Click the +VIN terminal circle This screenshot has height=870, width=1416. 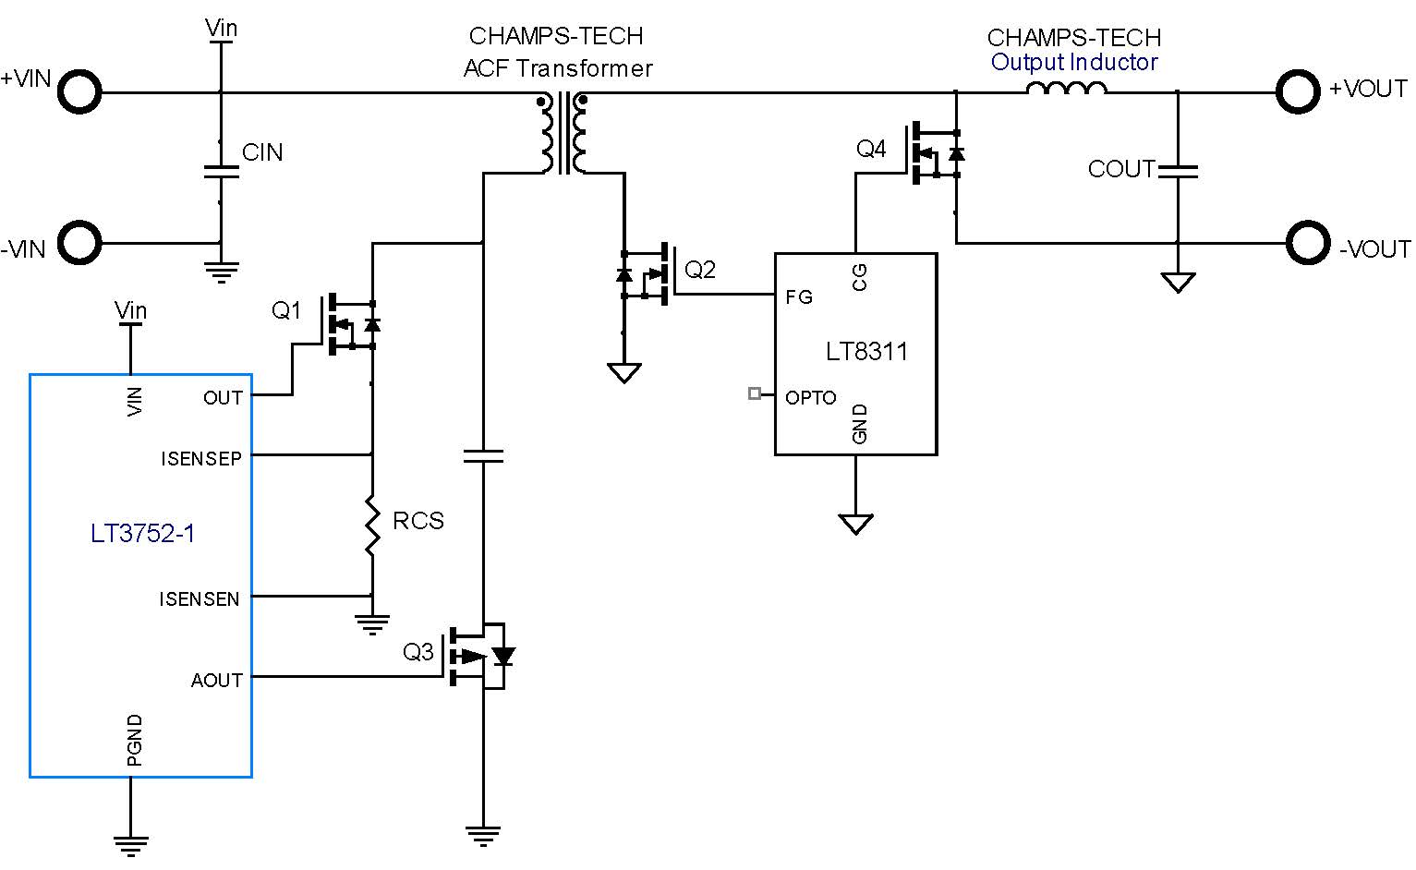coord(79,92)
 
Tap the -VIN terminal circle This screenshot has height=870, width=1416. coord(79,244)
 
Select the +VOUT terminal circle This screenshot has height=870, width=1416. coord(1298,91)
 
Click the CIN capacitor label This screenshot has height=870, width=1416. coord(262,152)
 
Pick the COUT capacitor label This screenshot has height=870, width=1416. coord(1120,169)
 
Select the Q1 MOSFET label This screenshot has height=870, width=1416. coord(286,310)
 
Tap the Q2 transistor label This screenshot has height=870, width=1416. coord(700,270)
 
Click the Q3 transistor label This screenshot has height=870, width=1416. coord(418,652)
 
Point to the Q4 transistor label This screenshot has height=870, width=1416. coord(871,149)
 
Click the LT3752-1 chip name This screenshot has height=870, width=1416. coord(142,534)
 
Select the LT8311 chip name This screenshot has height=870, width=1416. coord(866,351)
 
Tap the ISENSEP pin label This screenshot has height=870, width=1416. coord(201,459)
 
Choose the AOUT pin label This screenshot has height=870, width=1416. coord(216,681)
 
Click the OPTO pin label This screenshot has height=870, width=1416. coord(810,398)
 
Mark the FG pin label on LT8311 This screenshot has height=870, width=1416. coord(799,297)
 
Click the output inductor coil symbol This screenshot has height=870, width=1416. coord(1066,90)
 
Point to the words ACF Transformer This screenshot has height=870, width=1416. coord(558,68)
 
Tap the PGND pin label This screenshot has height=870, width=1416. coord(135,740)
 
